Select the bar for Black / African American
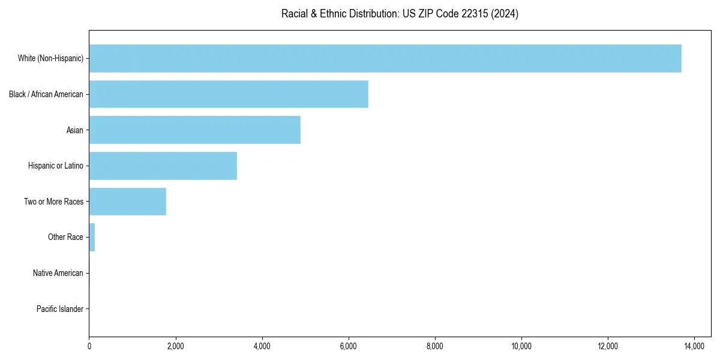pos(229,94)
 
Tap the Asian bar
pos(194,130)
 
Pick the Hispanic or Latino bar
pos(163,166)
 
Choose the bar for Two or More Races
pos(127,202)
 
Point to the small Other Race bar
pos(92,237)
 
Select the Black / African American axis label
pos(46,94)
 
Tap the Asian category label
pos(75,130)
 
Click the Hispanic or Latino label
pos(56,166)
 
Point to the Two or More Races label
pos(54,202)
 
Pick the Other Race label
pos(65,237)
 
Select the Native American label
pos(58,273)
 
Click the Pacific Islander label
pos(60,309)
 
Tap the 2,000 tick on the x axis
pos(175,346)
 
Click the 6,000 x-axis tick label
pos(349,346)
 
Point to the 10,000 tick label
pos(521,346)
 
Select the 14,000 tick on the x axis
pos(694,346)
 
